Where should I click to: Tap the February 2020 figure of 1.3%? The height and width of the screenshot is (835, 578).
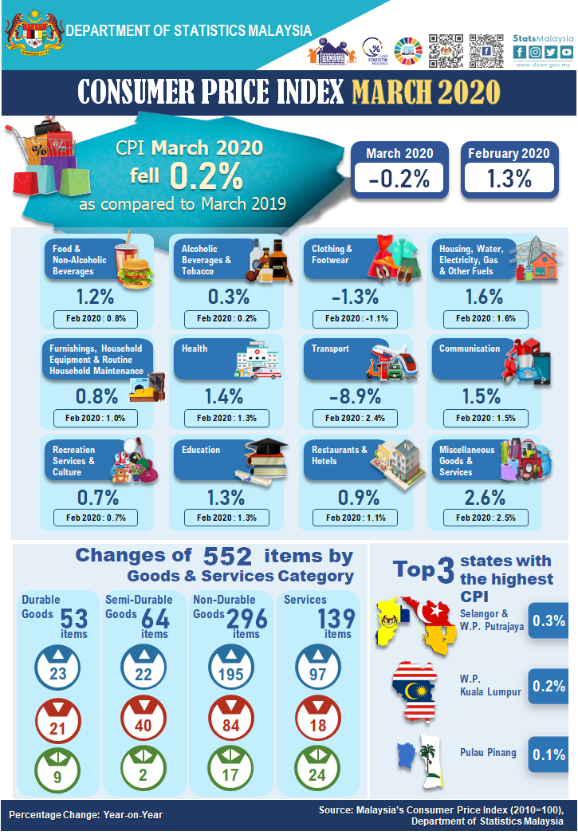point(509,179)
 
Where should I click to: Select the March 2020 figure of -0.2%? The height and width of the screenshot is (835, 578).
point(399,179)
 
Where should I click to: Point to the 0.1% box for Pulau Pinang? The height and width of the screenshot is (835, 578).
point(548,754)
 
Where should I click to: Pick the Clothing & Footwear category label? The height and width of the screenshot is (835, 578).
point(332,254)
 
